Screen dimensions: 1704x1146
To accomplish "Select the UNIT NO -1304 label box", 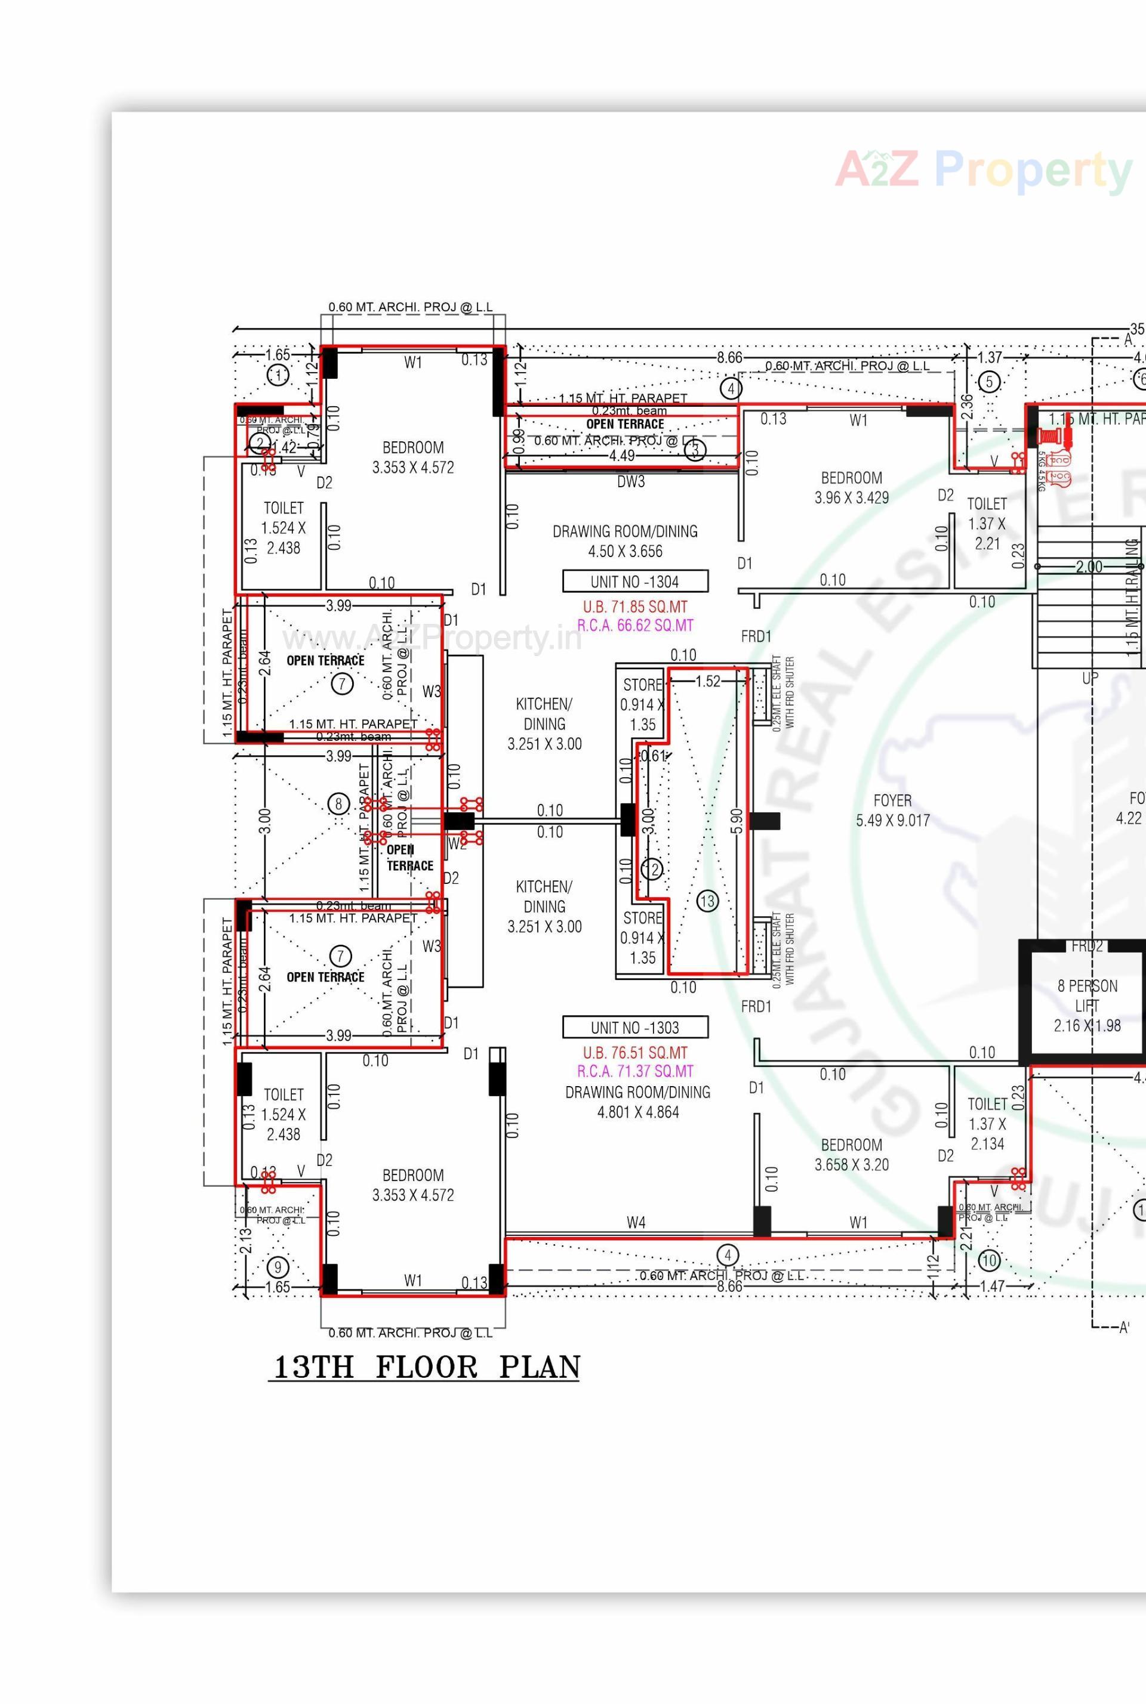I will [x=635, y=582].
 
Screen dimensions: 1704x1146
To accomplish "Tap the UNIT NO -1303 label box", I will [x=635, y=1027].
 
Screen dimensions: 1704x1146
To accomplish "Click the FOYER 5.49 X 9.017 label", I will [x=892, y=810].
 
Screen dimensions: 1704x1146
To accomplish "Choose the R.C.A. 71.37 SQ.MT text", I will [x=634, y=1071].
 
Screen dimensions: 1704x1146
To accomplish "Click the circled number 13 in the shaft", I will [x=707, y=901].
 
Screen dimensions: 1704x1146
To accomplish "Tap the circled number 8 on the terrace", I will [x=338, y=804].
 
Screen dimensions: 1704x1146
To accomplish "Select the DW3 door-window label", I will [x=631, y=481].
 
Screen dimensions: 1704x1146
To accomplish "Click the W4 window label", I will [x=636, y=1222].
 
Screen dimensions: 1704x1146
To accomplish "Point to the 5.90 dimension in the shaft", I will [x=737, y=820].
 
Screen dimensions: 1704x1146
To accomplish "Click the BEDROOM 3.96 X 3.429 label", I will [x=852, y=487].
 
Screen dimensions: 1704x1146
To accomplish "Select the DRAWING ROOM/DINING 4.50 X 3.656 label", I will [x=625, y=541].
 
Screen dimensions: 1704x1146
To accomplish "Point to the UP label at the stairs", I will [x=1090, y=677].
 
